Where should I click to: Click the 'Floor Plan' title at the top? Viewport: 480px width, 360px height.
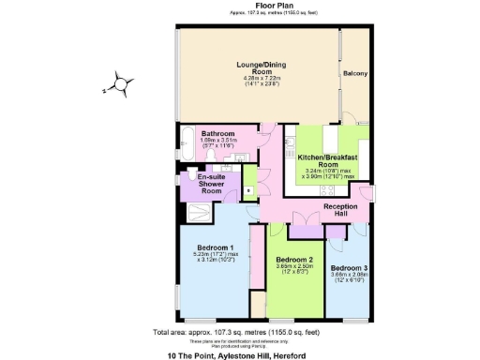(252, 6)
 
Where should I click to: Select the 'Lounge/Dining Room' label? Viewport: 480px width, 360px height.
(254, 67)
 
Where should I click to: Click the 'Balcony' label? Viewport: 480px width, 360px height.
(354, 73)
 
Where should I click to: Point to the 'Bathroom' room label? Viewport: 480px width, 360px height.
(217, 134)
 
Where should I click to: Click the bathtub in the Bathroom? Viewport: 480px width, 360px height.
(185, 142)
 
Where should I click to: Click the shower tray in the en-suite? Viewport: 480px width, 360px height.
(198, 211)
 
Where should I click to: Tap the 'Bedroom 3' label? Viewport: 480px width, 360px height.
(346, 267)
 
